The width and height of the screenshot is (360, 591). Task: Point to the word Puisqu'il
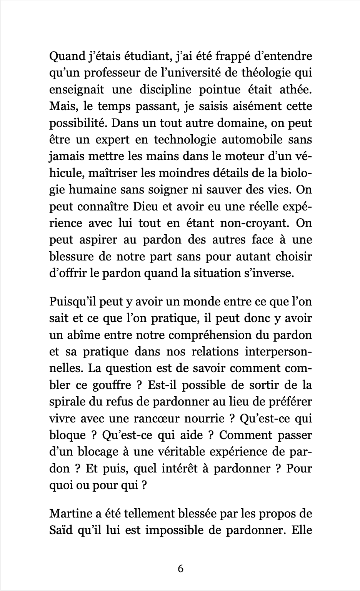72,302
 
